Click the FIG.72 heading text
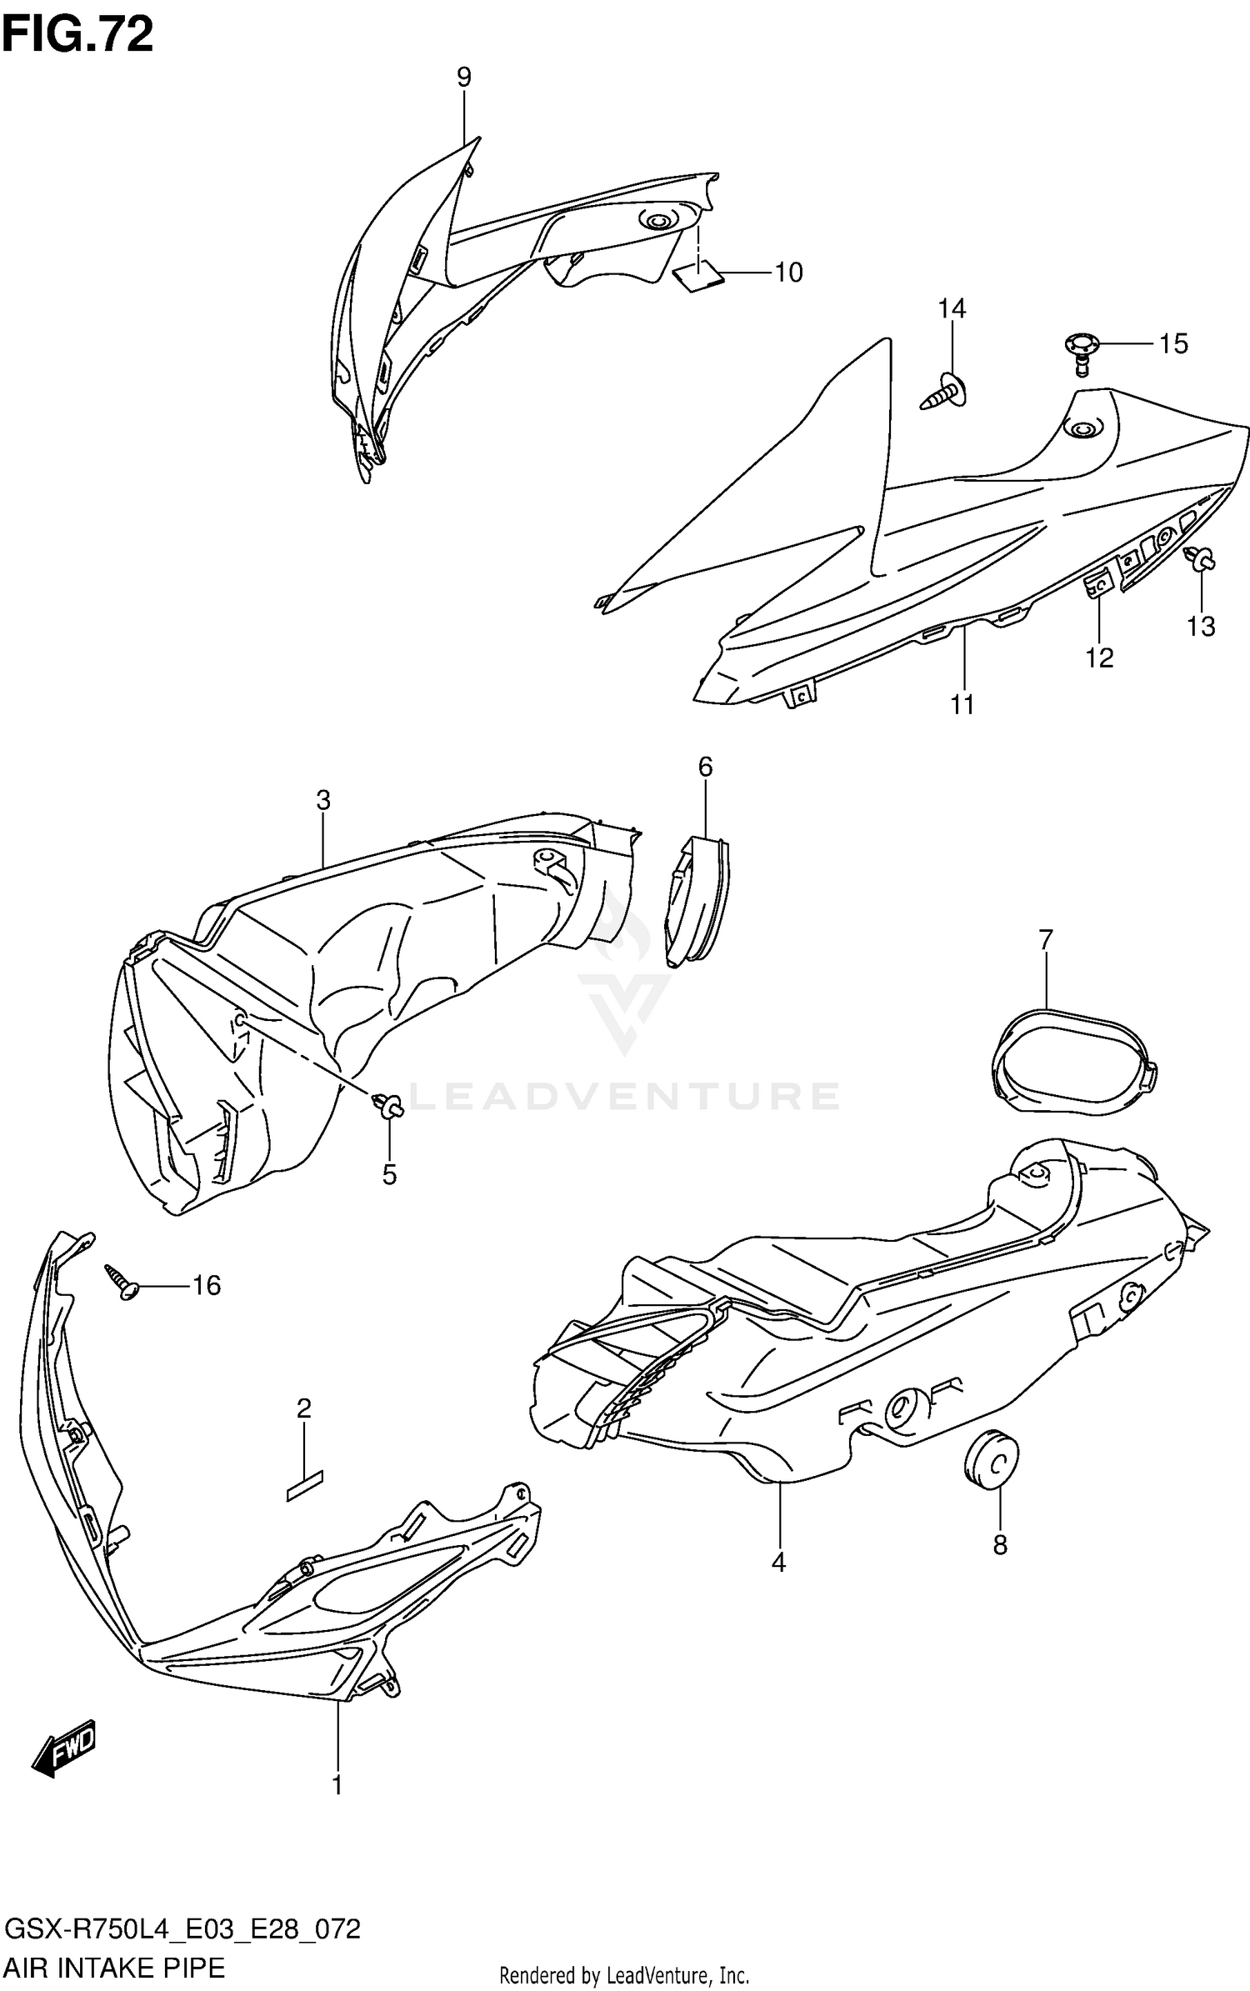pyautogui.click(x=77, y=36)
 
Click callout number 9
pyautogui.click(x=464, y=78)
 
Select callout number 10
pyautogui.click(x=788, y=273)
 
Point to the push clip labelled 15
pyautogui.click(x=1082, y=348)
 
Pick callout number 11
pyautogui.click(x=962, y=705)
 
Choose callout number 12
pyautogui.click(x=1099, y=658)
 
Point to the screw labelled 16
pyautogui.click(x=122, y=1283)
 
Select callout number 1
pyautogui.click(x=337, y=1786)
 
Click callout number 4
pyautogui.click(x=778, y=1563)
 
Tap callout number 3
pyautogui.click(x=323, y=801)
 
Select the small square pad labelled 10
pyautogui.click(x=696, y=273)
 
